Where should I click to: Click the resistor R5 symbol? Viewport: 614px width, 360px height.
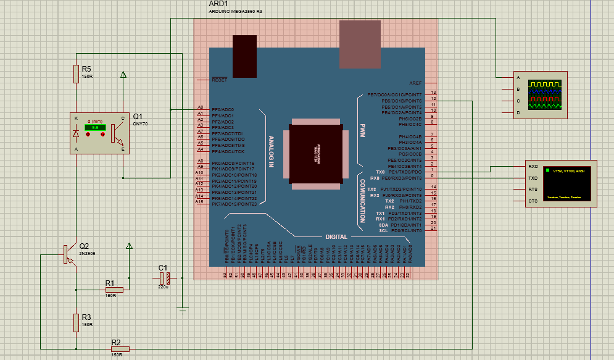(76, 74)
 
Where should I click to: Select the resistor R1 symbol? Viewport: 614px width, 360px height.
(114, 289)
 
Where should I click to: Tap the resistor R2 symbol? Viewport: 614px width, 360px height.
(120, 349)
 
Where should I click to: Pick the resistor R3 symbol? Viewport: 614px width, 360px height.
(76, 322)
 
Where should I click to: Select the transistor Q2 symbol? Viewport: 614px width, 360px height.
(67, 254)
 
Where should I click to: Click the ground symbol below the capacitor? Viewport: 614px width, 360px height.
(183, 310)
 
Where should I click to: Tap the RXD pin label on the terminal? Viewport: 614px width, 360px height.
(533, 167)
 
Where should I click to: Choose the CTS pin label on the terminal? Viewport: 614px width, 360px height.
(533, 201)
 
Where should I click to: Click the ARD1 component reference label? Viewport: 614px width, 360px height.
(218, 4)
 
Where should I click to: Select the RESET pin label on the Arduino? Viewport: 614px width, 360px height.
(219, 80)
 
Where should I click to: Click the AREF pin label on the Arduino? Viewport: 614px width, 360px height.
(415, 83)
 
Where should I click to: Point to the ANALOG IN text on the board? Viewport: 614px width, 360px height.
(271, 152)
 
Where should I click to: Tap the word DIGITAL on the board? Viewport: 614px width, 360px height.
(336, 237)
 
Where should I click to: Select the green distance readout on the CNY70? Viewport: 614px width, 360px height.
(96, 127)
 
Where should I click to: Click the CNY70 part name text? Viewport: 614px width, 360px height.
(140, 124)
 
